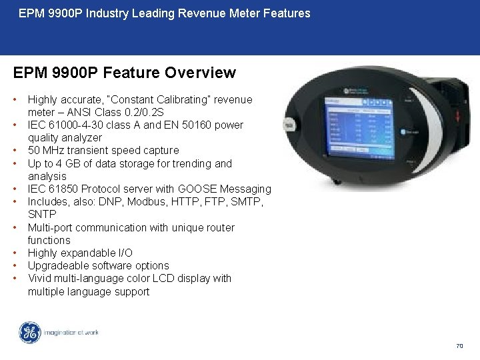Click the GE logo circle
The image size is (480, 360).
pyautogui.click(x=29, y=333)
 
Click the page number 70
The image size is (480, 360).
pyautogui.click(x=459, y=346)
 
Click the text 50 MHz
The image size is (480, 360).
pyautogui.click(x=46, y=151)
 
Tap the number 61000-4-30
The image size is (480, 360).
pyautogui.click(x=74, y=125)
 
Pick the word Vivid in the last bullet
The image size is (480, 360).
pyautogui.click(x=39, y=279)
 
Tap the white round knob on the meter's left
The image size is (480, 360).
pyautogui.click(x=289, y=125)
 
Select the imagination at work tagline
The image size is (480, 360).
pyautogui.click(x=71, y=333)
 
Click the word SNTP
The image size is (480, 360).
pyautogui.click(x=43, y=215)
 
